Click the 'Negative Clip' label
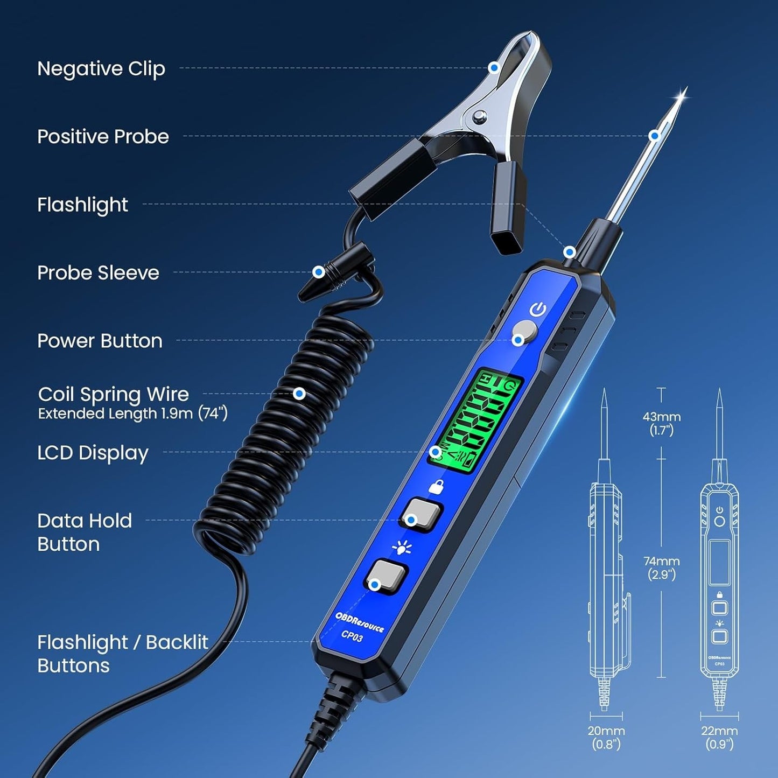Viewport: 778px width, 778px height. [101, 69]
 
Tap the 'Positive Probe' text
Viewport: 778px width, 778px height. [103, 137]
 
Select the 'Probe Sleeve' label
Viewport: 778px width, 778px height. [98, 273]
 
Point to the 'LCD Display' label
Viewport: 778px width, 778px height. [93, 453]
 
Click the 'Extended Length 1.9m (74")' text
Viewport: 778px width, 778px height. [132, 413]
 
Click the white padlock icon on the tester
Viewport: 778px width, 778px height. [436, 487]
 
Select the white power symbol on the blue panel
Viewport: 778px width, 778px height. [538, 310]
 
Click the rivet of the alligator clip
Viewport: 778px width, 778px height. [478, 115]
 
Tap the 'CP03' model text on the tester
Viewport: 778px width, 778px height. [352, 636]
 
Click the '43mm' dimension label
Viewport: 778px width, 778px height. [661, 417]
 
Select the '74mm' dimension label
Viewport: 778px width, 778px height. [661, 562]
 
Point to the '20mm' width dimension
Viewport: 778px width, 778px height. [606, 731]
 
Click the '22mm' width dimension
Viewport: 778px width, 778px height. [719, 731]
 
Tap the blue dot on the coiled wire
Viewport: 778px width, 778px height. [299, 394]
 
